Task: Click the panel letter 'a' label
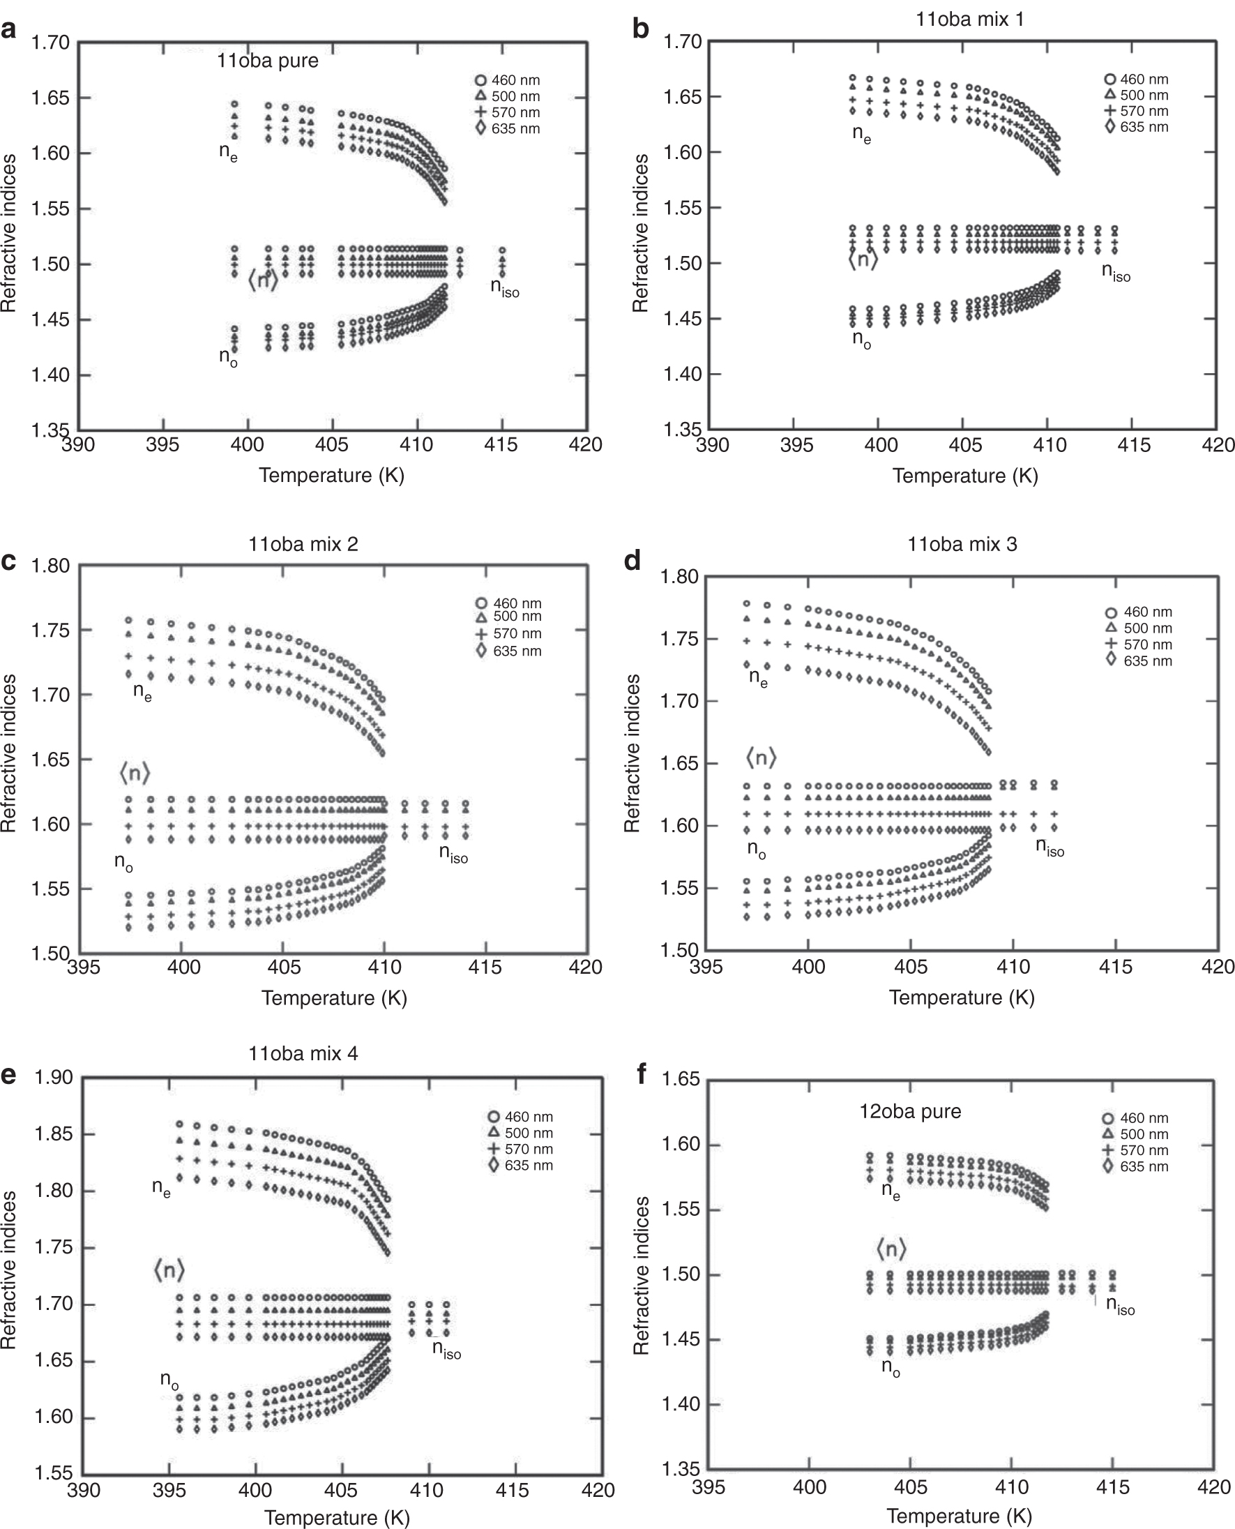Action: pyautogui.click(x=8, y=31)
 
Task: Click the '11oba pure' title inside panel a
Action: pyautogui.click(x=268, y=61)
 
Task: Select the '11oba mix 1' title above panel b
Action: pyautogui.click(x=969, y=20)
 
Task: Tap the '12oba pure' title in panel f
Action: pyautogui.click(x=910, y=1111)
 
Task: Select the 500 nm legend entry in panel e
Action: pyautogui.click(x=521, y=1133)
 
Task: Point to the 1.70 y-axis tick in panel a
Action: pyautogui.click(x=50, y=43)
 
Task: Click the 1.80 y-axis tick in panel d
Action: pyautogui.click(x=679, y=576)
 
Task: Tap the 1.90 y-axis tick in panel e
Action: pyautogui.click(x=54, y=1077)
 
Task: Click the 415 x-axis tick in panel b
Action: pyautogui.click(x=1133, y=446)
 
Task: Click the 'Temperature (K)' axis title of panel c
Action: pyautogui.click(x=333, y=997)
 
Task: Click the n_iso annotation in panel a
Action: pyautogui.click(x=504, y=287)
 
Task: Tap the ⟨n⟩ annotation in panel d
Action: pyautogui.click(x=761, y=758)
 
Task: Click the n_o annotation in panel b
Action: pyautogui.click(x=861, y=340)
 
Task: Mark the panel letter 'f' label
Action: pyautogui.click(x=642, y=1074)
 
